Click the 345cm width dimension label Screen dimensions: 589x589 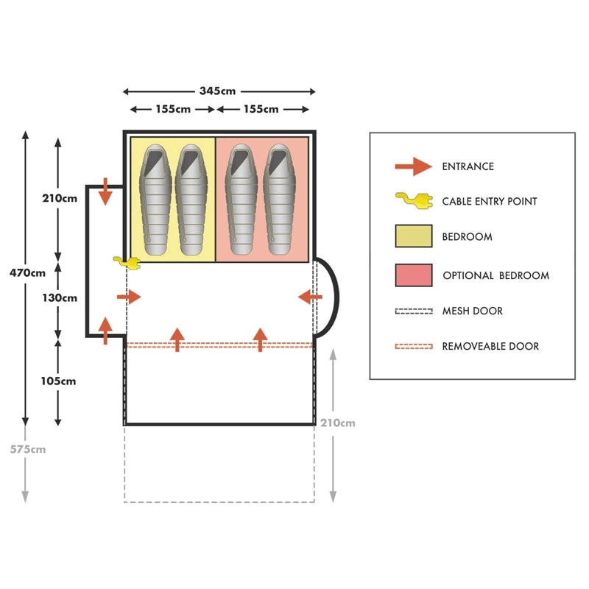click(219, 91)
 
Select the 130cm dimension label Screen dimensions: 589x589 click(60, 298)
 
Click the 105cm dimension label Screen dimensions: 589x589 click(60, 381)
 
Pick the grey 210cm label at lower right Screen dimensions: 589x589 click(338, 423)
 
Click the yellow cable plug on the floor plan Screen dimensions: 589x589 click(126, 261)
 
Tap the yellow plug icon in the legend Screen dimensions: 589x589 click(412, 200)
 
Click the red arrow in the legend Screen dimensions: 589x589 click(413, 166)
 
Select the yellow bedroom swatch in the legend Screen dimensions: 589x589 click(413, 237)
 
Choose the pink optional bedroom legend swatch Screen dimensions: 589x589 click(413, 275)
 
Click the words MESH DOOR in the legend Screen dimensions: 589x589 click(472, 311)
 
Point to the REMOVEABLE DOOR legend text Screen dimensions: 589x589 click(490, 346)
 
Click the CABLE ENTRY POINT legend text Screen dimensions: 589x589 click(490, 202)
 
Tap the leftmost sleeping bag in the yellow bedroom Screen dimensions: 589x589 click(154, 200)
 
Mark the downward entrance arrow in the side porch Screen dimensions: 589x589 click(105, 191)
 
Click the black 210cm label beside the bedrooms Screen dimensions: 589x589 click(60, 197)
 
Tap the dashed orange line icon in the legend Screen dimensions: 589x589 click(413, 346)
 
